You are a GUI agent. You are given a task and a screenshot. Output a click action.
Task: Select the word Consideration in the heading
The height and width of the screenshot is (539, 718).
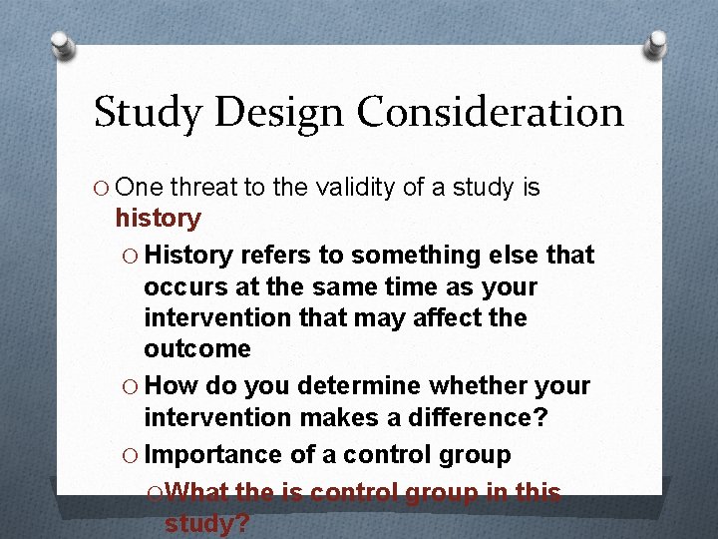pos(491,113)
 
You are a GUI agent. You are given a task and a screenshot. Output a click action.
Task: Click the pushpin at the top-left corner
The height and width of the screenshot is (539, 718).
pos(61,44)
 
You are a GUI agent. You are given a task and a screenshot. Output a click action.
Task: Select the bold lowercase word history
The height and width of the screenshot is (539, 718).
pos(158,218)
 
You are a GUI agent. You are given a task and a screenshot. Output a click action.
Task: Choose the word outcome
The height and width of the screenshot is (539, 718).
pos(197,349)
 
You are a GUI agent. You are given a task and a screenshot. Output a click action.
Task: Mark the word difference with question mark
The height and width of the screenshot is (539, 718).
pos(478,417)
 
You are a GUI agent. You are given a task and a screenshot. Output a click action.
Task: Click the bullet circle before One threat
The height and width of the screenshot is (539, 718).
pos(102,188)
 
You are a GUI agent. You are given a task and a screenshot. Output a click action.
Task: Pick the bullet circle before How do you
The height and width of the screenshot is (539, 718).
pos(131,386)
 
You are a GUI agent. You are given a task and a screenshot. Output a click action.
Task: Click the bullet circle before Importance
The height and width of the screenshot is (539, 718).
pos(131,456)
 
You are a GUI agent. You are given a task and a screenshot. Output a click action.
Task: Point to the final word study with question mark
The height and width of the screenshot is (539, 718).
pos(206,524)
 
